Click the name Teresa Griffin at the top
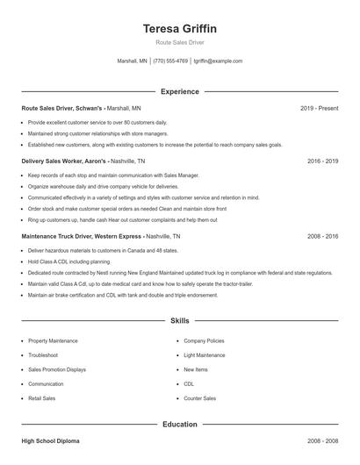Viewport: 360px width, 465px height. pos(179,29)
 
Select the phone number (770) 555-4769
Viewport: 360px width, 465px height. pos(170,61)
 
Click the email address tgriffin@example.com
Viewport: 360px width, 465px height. pos(218,61)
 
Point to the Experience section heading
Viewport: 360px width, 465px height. pos(179,91)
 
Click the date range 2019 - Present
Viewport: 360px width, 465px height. pos(319,108)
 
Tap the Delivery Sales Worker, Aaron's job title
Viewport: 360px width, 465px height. pos(65,161)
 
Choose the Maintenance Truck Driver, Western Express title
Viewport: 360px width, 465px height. pos(80,237)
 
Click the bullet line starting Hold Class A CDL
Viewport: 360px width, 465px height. pos(69,261)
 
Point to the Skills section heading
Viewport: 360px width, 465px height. pos(179,322)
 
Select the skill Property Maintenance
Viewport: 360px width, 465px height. pos(53,340)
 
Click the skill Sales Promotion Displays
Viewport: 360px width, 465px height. pos(57,369)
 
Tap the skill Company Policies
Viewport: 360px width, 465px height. pos(204,340)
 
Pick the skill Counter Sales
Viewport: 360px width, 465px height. pos(199,398)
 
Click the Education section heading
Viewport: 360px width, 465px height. pos(179,425)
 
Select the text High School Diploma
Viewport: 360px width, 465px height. pos(50,441)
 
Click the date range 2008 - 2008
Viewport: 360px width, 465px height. pos(322,441)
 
